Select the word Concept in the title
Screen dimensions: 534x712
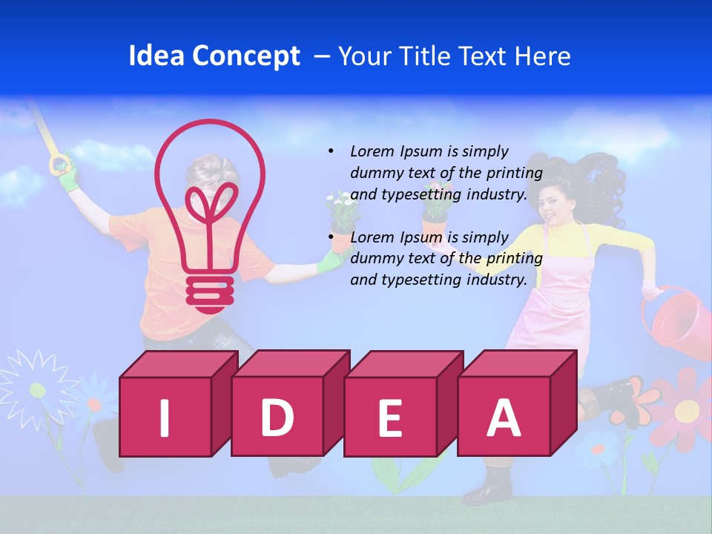247,57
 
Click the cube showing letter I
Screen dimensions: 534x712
165,416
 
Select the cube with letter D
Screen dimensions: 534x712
277,415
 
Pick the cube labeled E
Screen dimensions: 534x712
390,416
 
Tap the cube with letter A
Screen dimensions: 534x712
504,416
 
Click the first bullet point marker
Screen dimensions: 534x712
331,151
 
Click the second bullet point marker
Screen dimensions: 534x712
331,237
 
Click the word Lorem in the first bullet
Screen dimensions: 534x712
373,151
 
